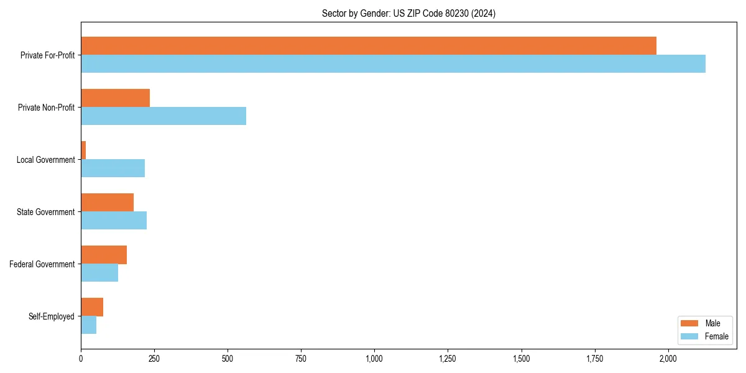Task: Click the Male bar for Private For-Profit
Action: click(369, 46)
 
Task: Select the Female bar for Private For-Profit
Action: click(393, 64)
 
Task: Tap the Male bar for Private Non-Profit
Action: click(115, 98)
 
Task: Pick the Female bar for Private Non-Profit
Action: click(163, 116)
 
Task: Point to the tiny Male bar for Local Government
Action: click(83, 150)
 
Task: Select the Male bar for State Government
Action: click(107, 203)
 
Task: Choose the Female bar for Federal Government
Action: click(99, 273)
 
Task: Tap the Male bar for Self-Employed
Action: click(92, 307)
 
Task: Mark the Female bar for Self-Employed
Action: click(88, 325)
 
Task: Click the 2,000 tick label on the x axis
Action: click(668, 359)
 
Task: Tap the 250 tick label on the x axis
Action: click(154, 359)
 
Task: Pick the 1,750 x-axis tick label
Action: click(595, 359)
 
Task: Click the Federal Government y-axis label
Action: click(42, 264)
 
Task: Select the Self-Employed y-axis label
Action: click(52, 316)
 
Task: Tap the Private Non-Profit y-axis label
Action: click(46, 108)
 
